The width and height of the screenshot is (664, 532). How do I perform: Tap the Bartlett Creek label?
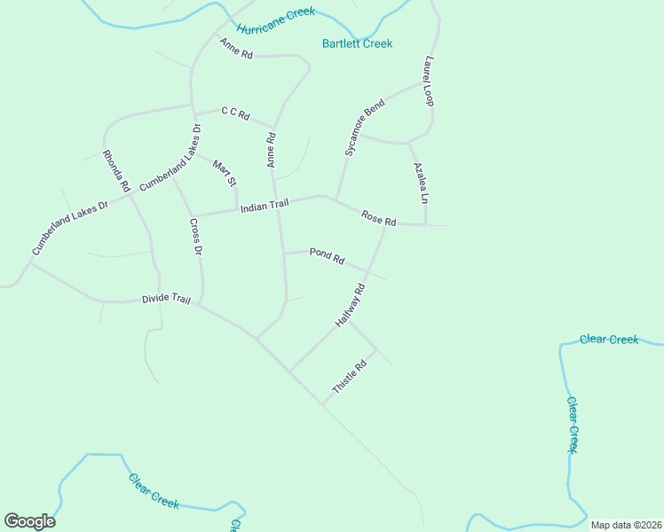point(357,43)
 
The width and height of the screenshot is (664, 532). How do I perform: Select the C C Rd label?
point(235,113)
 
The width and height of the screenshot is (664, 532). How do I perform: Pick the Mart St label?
point(225,171)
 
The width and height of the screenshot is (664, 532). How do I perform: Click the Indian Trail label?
point(265,206)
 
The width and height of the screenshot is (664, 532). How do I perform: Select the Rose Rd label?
point(378,218)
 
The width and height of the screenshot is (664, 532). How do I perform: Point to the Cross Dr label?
point(196,238)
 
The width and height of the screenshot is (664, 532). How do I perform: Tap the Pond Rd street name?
point(327,256)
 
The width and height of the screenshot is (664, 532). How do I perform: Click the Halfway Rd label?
point(351,307)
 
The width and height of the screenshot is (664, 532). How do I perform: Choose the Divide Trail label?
point(167,300)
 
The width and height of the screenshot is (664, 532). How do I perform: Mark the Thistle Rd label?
point(349,378)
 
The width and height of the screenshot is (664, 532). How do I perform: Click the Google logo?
point(30,521)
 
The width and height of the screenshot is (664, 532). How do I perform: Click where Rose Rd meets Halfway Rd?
point(385,225)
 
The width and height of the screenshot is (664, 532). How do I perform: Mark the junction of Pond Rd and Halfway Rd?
point(369,270)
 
